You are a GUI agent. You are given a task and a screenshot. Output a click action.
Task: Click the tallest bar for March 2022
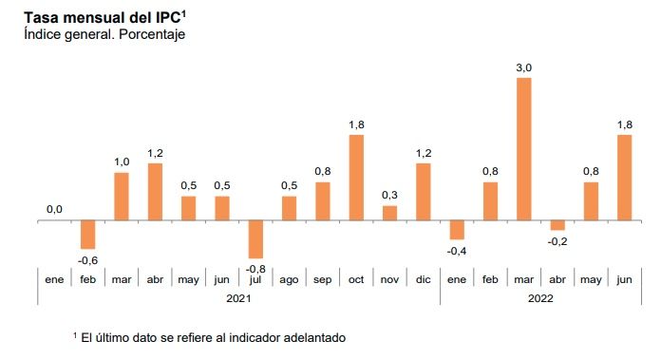click(523, 149)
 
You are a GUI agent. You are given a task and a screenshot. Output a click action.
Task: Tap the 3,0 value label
click(523, 66)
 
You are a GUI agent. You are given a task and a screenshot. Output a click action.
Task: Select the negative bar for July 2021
click(255, 239)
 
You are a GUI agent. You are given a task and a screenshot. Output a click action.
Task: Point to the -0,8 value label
click(255, 269)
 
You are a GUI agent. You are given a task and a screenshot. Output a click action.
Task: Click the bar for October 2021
click(356, 178)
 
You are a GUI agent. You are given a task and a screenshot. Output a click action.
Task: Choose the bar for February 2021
click(87, 235)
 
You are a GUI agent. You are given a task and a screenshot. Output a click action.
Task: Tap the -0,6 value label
click(87, 260)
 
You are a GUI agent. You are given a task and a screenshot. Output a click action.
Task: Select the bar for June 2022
click(624, 178)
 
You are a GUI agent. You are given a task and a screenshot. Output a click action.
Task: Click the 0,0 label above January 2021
click(54, 210)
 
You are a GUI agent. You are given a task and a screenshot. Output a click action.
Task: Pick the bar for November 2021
click(389, 213)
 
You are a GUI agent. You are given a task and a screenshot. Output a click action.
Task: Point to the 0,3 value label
click(389, 195)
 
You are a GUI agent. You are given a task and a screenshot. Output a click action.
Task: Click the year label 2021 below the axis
click(238, 298)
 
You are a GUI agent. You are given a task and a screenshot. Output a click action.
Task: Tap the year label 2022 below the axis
click(539, 298)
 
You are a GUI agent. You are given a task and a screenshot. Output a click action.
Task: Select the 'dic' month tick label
click(423, 279)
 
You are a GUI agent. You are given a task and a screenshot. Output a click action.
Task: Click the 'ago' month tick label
click(289, 279)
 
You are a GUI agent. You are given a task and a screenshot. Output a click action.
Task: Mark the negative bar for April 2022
click(557, 225)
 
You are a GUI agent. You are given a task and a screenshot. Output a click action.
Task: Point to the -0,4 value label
click(457, 251)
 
